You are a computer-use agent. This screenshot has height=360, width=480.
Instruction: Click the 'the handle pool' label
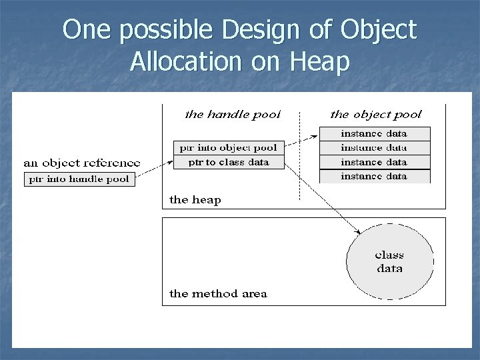pos(232,114)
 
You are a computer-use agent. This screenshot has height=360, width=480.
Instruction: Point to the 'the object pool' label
pos(376,114)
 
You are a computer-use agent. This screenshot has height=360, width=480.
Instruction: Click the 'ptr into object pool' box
pos(229,147)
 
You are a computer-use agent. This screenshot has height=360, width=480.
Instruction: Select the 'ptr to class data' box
pos(229,161)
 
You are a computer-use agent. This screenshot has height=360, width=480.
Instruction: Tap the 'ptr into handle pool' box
pos(80,179)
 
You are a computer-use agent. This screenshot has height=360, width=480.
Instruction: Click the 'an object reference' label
pos(82,162)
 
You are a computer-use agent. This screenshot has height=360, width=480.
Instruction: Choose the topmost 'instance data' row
pos(375,133)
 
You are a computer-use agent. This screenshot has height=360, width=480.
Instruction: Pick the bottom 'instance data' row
pos(375,176)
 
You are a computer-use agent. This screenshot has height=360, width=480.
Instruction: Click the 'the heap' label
pos(195,199)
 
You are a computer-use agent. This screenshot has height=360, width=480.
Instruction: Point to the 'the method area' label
pos(218,293)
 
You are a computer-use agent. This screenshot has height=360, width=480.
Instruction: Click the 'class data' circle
pos(390,261)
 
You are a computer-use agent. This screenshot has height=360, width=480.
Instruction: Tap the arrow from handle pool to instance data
pos(301,141)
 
